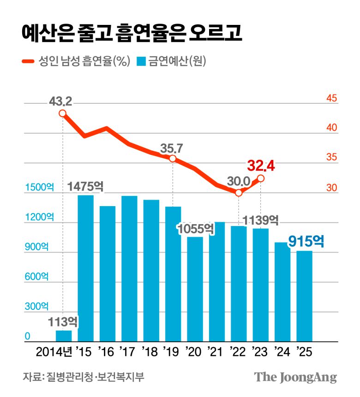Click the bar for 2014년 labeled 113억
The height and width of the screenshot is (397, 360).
coord(64,336)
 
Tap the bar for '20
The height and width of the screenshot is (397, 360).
coord(195,288)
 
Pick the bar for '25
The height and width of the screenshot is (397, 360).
coord(304,295)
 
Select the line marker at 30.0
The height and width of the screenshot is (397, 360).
coord(239,193)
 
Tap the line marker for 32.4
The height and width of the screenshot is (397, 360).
coord(261,178)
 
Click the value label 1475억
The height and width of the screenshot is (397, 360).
coord(85,187)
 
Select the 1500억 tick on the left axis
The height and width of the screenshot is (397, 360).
coord(39,188)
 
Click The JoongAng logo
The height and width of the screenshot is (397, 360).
coord(295,377)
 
